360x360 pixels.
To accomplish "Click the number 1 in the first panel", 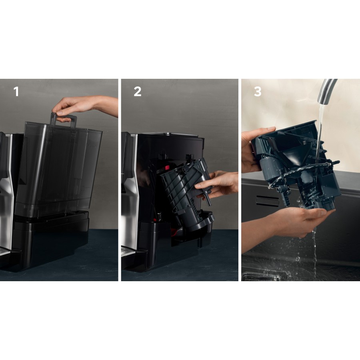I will click(x=16, y=92).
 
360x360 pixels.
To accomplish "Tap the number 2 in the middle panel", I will click(x=137, y=92).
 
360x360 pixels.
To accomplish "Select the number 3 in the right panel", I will click(x=258, y=92).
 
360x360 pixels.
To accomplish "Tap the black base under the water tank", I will click(x=52, y=240).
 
